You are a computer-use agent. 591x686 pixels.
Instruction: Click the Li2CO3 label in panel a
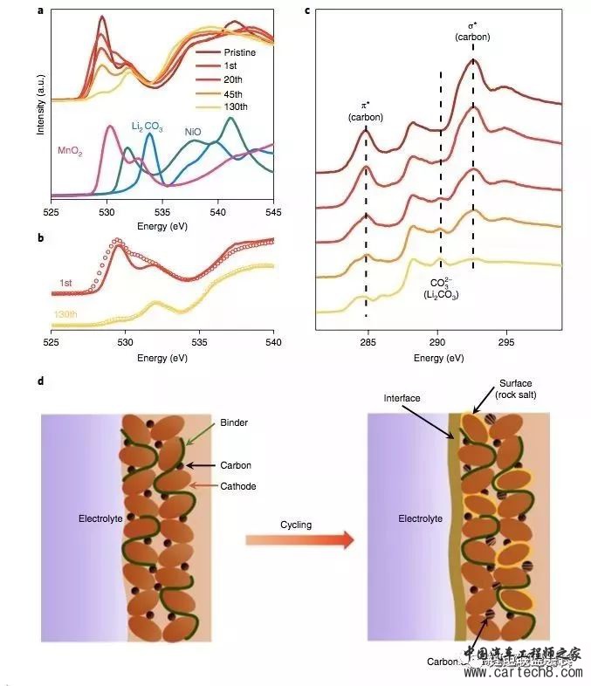coord(148,126)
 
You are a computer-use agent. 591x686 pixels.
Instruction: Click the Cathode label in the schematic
coord(239,486)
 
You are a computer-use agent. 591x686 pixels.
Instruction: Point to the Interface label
coord(402,399)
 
